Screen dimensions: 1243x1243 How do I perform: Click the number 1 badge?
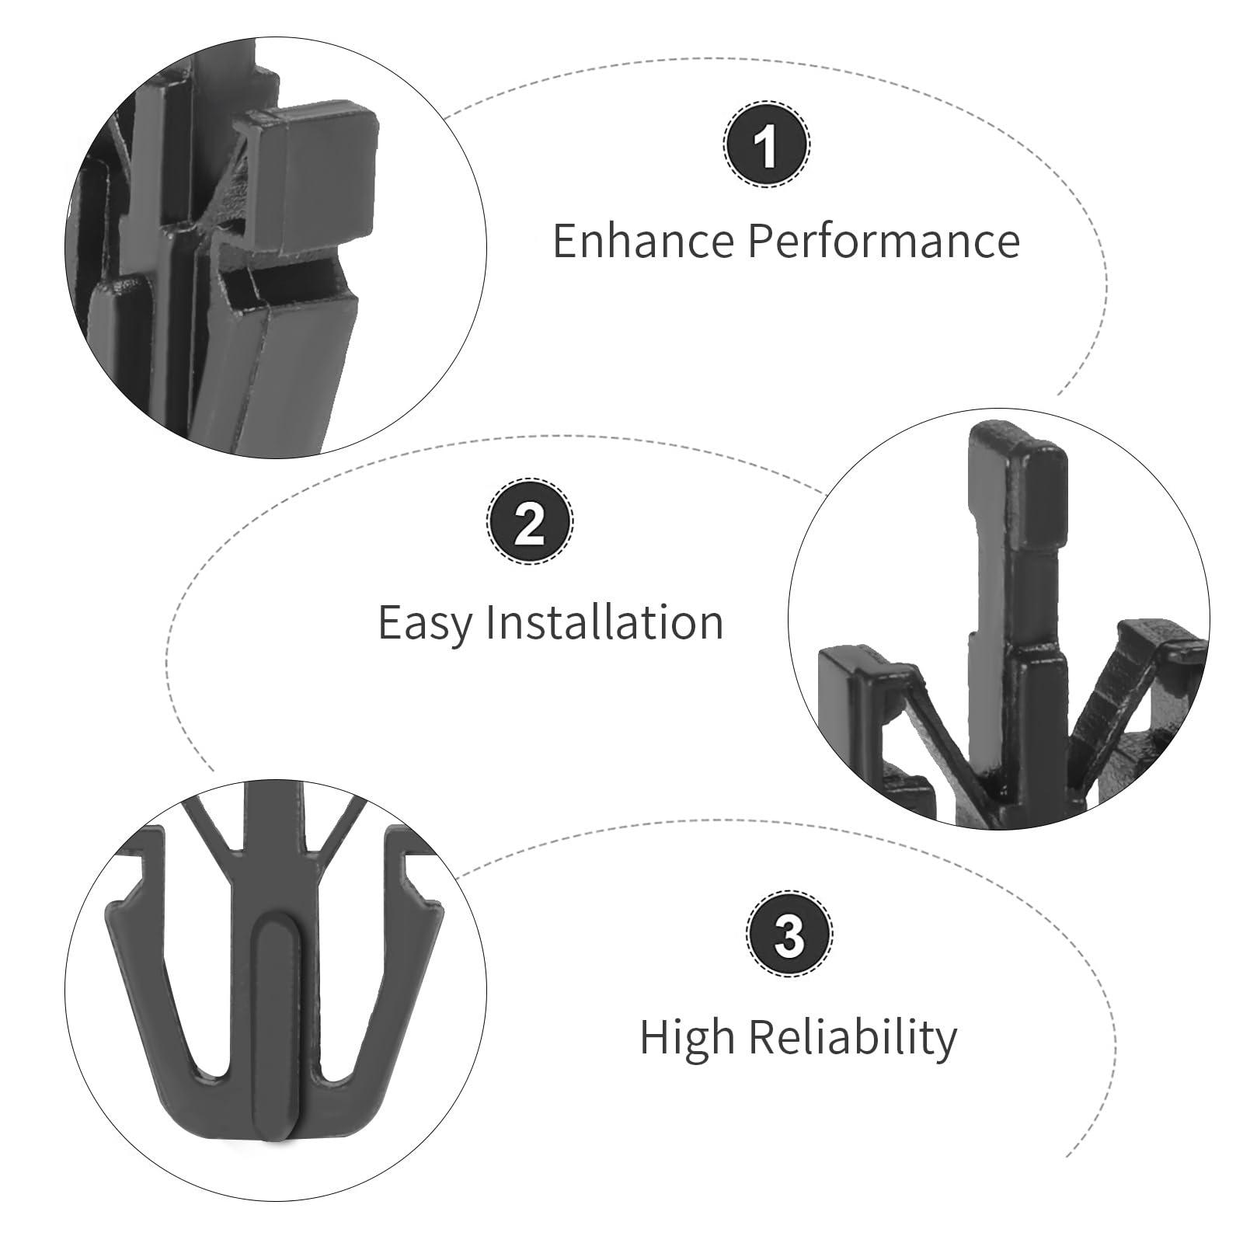(767, 145)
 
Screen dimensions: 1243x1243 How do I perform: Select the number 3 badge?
(790, 935)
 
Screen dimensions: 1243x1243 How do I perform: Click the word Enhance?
(642, 241)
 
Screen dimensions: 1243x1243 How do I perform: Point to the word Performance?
(883, 241)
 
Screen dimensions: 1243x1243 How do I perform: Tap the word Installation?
(604, 622)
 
